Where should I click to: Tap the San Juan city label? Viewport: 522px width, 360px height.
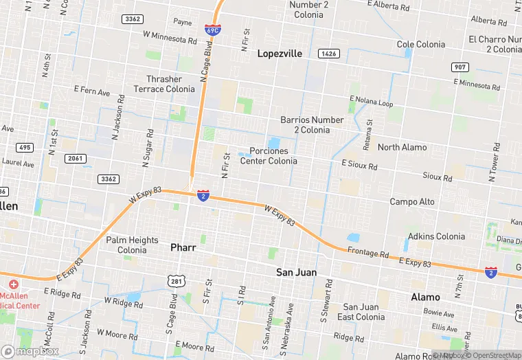(x=297, y=272)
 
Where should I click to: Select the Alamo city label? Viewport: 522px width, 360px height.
(x=425, y=297)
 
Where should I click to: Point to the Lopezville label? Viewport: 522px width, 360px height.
(x=280, y=53)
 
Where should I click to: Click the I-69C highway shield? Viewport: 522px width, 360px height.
(x=212, y=30)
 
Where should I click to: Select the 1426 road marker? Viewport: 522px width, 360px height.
(x=328, y=53)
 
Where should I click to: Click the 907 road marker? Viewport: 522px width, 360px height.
(x=459, y=67)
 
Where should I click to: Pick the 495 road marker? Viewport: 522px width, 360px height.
(x=25, y=147)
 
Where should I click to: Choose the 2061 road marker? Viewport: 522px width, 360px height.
(x=76, y=159)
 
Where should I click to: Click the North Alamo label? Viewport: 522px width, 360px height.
(x=402, y=147)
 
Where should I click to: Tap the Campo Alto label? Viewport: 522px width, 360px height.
(x=412, y=201)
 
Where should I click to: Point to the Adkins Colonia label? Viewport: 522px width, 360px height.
(x=436, y=236)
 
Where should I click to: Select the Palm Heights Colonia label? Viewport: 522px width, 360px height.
(x=132, y=245)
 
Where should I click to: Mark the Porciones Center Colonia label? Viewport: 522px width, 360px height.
(x=269, y=155)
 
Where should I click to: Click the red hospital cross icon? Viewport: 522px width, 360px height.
(x=13, y=284)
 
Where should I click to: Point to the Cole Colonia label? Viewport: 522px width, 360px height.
(x=421, y=44)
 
